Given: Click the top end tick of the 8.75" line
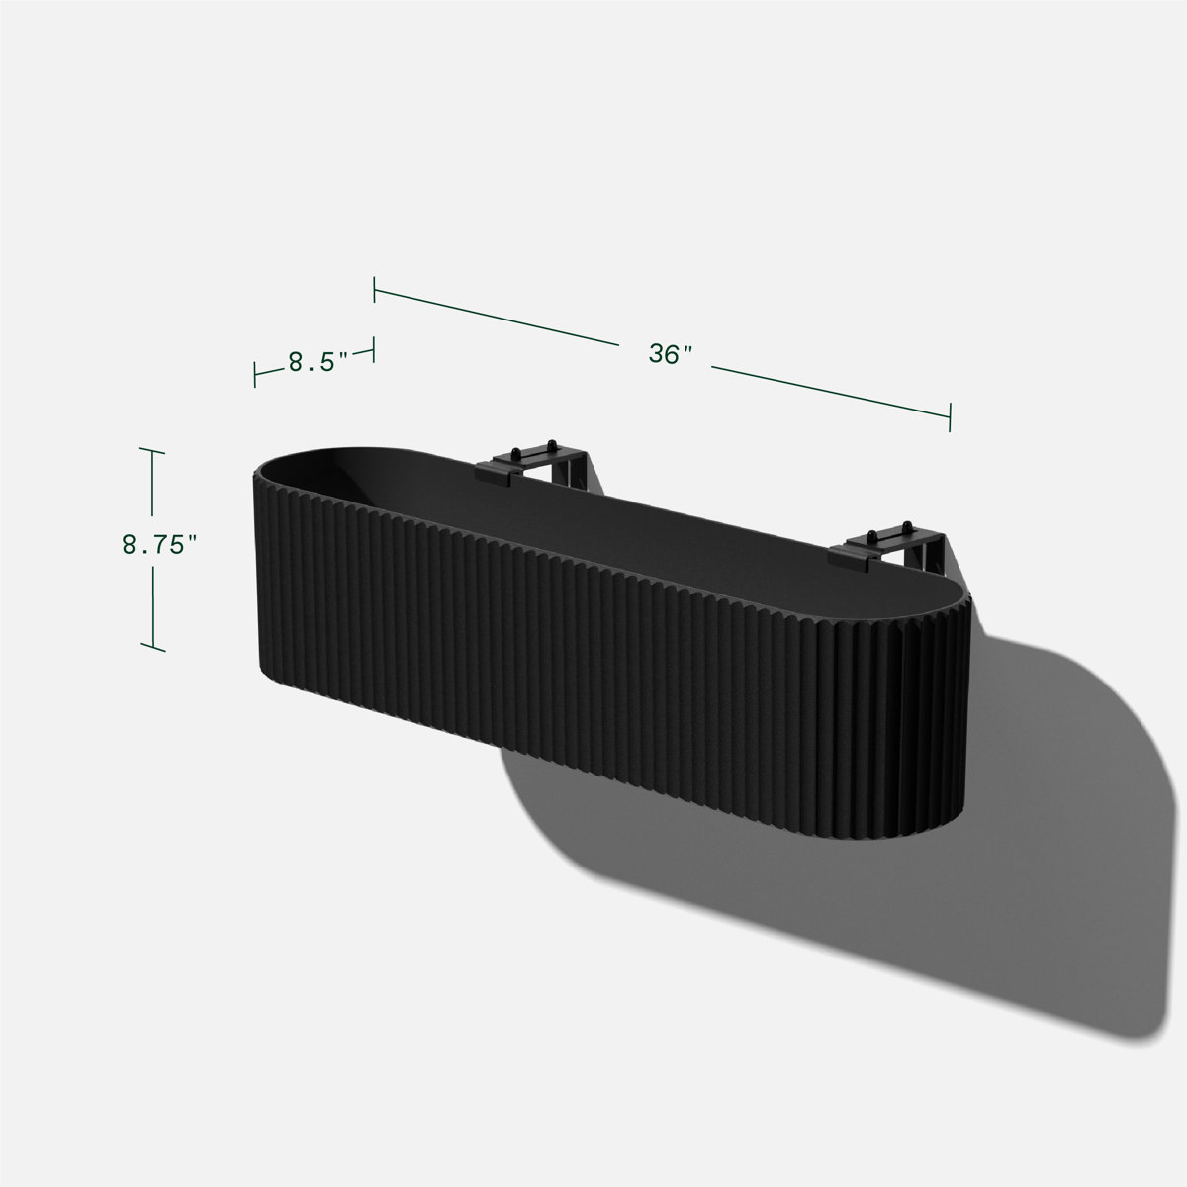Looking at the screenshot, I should pos(151,450).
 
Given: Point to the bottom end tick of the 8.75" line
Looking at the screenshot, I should pos(152,649).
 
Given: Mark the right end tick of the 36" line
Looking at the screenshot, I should pos(950,416).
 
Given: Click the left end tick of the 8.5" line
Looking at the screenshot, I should pos(255,373).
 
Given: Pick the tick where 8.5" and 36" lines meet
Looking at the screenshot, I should pos(374,348).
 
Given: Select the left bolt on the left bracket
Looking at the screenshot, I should pos(516,450).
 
